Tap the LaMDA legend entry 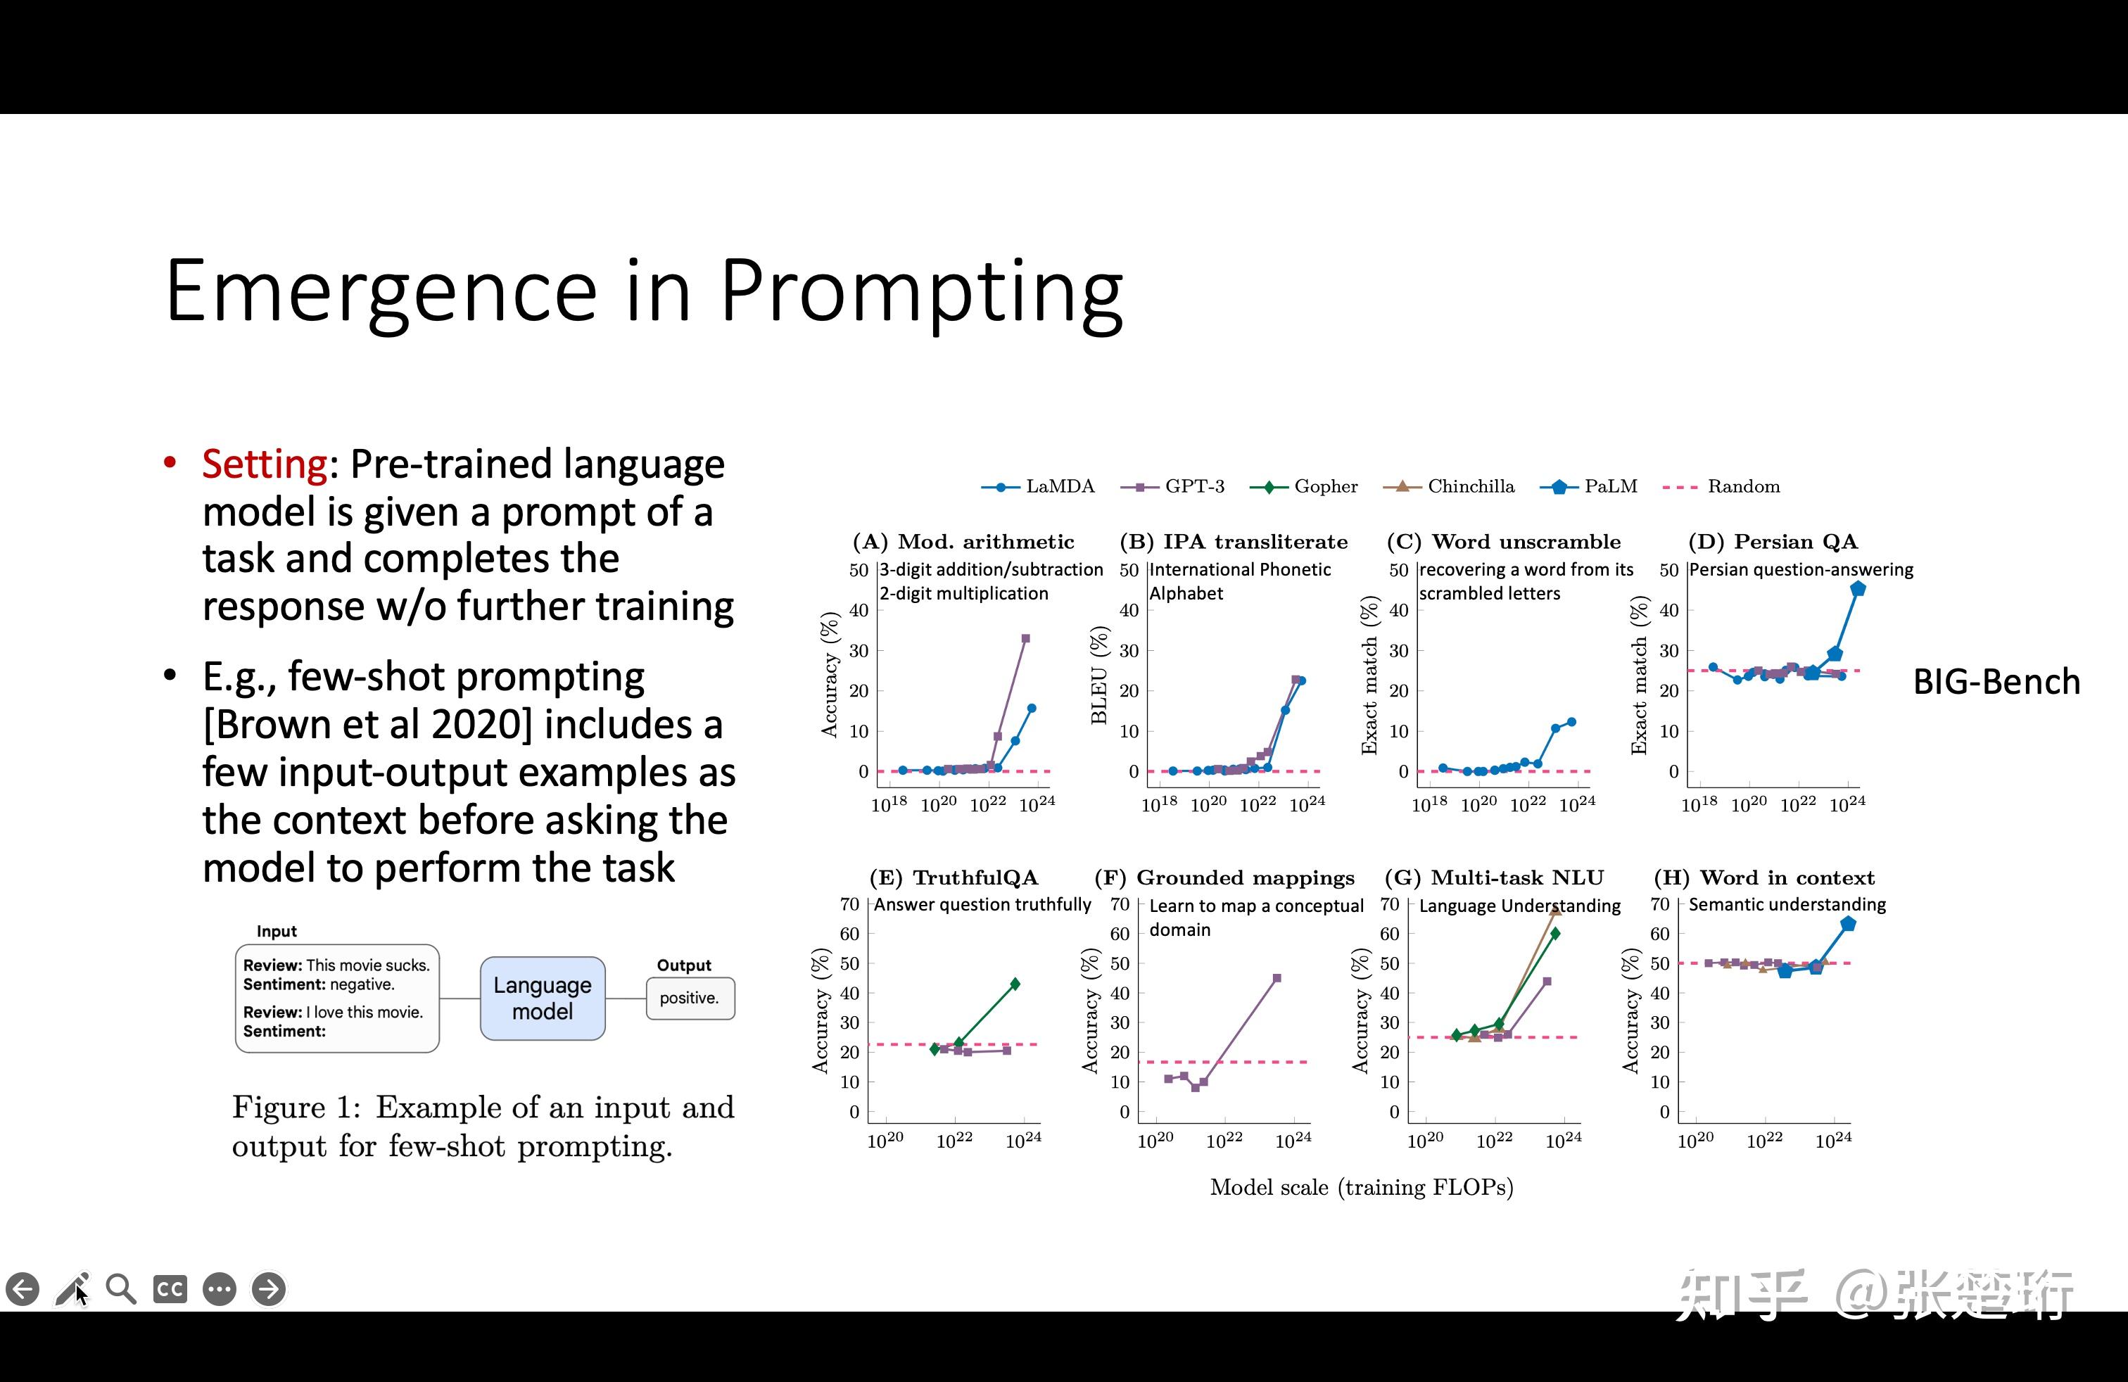click(1038, 486)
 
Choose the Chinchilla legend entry click(1448, 486)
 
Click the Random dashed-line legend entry click(1721, 486)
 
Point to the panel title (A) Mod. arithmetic click(963, 542)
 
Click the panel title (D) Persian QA click(1773, 542)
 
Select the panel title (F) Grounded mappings click(1224, 878)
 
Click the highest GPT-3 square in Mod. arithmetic click(1025, 638)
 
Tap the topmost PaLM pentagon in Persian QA click(1857, 588)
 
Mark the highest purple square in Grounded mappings click(1277, 978)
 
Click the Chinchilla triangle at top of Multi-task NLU click(1556, 910)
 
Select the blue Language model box click(543, 999)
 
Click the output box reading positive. click(690, 999)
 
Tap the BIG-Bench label click(1996, 682)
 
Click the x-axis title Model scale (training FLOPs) click(1362, 1187)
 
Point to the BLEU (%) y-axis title click(1099, 675)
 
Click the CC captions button click(170, 1289)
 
